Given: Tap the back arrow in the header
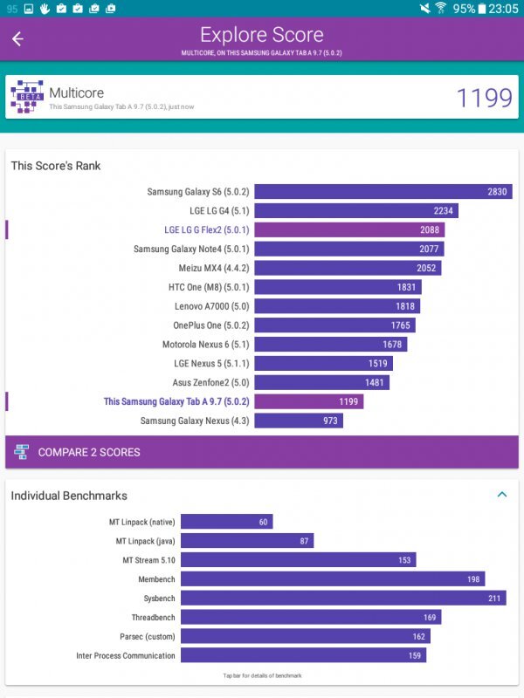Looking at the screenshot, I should point(17,38).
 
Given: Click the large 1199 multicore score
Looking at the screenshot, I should point(484,98).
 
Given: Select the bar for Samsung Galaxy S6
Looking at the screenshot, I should point(383,192).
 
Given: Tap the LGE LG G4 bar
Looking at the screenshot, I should point(356,211).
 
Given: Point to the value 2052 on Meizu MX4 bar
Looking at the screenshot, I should point(426,268).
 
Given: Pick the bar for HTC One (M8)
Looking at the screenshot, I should point(338,287).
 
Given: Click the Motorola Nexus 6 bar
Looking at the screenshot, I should point(331,345).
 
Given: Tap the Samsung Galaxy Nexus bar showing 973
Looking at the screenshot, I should point(299,421).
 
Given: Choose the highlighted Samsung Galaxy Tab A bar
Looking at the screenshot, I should point(309,401).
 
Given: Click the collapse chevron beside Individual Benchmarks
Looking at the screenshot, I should point(502,495).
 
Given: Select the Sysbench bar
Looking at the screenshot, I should point(380,599).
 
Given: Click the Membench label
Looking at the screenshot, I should point(156,579).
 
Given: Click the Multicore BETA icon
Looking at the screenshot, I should point(26,98).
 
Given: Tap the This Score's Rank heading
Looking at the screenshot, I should point(56,166).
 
